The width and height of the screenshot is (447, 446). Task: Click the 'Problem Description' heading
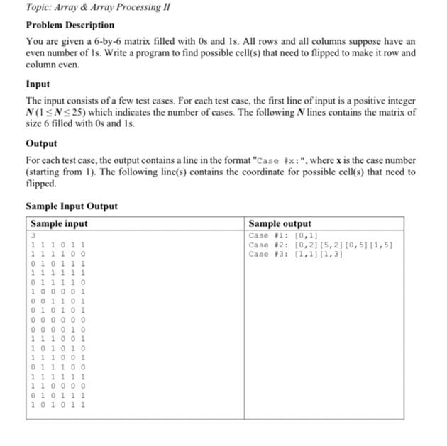click(70, 25)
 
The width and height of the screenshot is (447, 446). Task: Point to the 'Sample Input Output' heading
click(72, 206)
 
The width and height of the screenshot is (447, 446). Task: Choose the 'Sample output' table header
click(280, 223)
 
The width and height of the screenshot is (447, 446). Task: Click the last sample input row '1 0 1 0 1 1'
click(57, 405)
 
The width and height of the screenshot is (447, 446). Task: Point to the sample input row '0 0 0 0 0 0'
click(57, 320)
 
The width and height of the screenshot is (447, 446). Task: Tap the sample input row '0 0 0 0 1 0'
click(57, 329)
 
